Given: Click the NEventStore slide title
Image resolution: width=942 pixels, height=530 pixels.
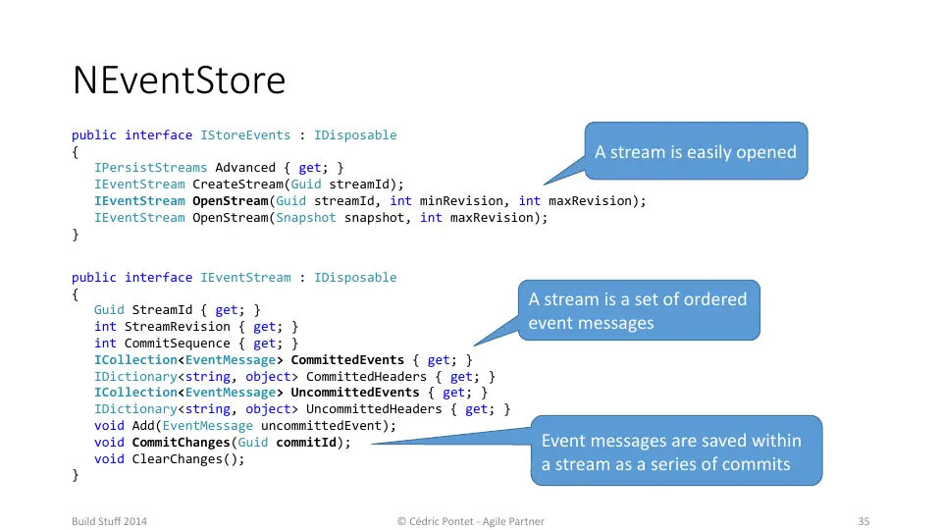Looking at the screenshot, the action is (x=179, y=80).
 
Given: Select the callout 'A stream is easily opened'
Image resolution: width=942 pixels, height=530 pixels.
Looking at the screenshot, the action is (x=696, y=151).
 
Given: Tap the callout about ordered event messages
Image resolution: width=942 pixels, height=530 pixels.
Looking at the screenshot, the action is (x=639, y=311).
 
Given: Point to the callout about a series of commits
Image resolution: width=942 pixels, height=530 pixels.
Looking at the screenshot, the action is (x=676, y=450).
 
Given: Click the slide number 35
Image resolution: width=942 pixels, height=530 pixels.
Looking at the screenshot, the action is (x=863, y=521).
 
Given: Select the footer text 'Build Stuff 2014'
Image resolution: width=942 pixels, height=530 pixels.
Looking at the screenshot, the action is (x=109, y=521).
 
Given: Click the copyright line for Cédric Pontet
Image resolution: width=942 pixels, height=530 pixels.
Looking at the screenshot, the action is (x=470, y=521).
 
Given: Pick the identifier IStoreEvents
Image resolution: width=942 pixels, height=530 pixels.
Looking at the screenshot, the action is (x=245, y=135).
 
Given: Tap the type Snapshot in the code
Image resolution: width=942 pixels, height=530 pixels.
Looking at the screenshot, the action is (x=306, y=218).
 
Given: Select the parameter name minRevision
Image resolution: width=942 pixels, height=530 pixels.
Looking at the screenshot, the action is (x=461, y=200).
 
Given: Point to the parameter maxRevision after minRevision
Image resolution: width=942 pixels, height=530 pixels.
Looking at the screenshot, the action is (x=590, y=200).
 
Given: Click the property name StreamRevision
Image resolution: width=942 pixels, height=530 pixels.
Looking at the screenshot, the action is (x=178, y=326).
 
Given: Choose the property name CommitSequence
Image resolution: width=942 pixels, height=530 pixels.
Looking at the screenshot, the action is (x=178, y=344).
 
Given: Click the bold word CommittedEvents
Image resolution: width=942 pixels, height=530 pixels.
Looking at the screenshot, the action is (x=347, y=360).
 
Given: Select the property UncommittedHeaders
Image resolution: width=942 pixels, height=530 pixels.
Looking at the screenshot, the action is (x=374, y=409).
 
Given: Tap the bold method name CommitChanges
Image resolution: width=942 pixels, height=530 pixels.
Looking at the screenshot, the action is (x=181, y=443).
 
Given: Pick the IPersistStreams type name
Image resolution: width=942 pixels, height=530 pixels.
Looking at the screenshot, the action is (x=150, y=168).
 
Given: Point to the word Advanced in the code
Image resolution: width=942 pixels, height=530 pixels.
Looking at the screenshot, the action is (x=245, y=168).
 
